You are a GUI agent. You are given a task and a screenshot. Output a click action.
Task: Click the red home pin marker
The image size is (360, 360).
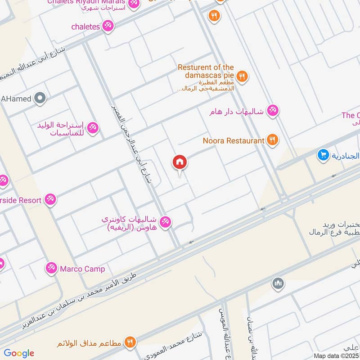tap(180, 162)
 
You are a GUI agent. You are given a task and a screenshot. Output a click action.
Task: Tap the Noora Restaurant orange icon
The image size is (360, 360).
tap(272, 140)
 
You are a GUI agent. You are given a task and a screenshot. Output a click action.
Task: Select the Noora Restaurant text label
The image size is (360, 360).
tap(234, 141)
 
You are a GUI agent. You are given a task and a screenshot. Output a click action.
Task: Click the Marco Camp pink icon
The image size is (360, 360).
tap(51, 269)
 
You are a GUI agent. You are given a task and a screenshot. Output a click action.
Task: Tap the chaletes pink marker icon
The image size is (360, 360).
tap(108, 27)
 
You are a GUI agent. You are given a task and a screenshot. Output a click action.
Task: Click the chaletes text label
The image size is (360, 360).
tap(85, 27)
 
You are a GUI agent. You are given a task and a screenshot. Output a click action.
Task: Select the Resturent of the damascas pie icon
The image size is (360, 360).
tap(243, 76)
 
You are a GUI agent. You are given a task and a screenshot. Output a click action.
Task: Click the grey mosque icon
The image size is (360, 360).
tap(278, 283)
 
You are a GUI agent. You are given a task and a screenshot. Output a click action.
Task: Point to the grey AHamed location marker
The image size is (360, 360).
tap(40, 98)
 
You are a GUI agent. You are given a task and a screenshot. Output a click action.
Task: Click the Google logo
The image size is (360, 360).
tap(19, 353)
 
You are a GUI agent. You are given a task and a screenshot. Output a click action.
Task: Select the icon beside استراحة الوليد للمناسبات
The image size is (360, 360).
tap(93, 128)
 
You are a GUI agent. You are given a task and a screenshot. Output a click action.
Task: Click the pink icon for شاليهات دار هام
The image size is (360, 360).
tap(272, 110)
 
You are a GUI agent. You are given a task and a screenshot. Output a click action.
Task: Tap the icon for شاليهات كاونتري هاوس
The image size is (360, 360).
tap(165, 221)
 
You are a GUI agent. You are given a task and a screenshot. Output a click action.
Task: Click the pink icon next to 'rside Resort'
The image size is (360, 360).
tap(50, 200)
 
